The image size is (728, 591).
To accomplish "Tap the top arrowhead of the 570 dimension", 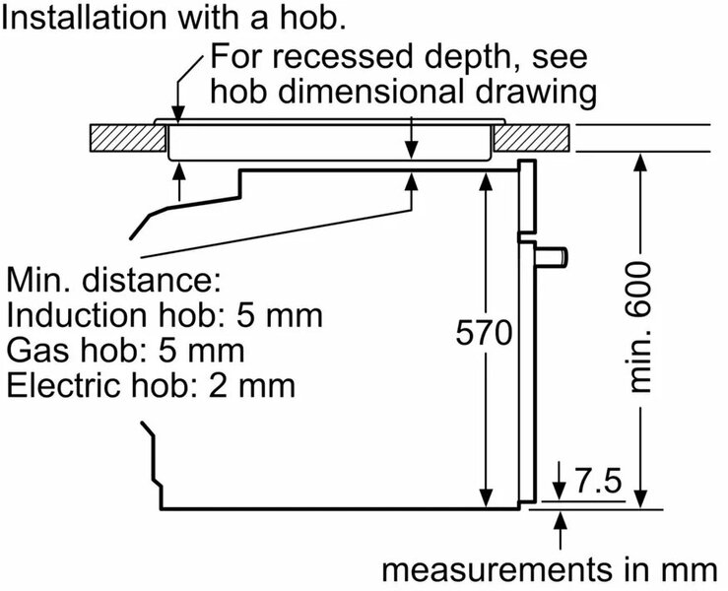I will (x=486, y=176).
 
